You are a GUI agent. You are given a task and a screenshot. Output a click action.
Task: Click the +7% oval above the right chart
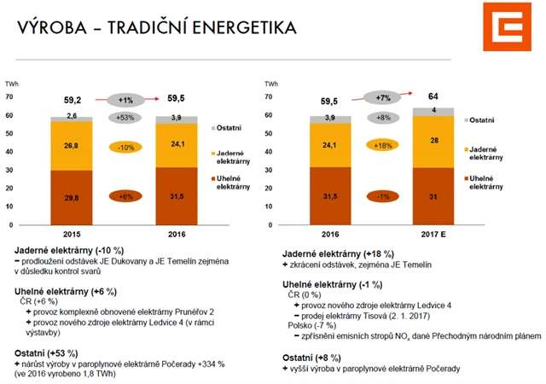[x=382, y=97]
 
